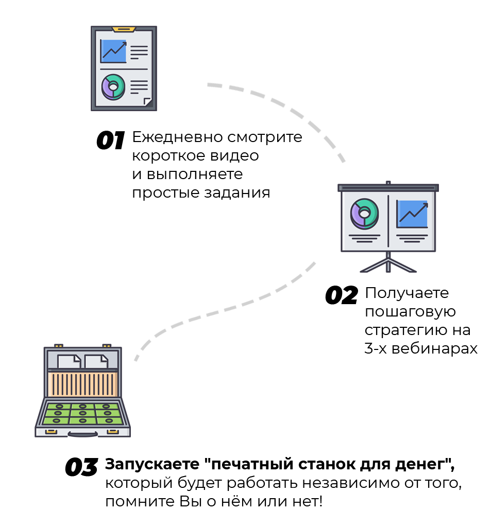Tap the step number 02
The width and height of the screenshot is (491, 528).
pyautogui.click(x=341, y=295)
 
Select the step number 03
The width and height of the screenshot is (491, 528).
pyautogui.click(x=81, y=467)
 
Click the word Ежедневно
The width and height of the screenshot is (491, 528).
pyautogui.click(x=177, y=137)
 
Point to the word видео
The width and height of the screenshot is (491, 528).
pyautogui.click(x=234, y=155)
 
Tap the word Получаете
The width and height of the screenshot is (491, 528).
pyautogui.click(x=407, y=293)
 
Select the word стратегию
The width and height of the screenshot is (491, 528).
pyautogui.click(x=401, y=330)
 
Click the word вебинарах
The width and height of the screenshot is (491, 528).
pyautogui.click(x=434, y=348)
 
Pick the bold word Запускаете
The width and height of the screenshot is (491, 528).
pyautogui.click(x=152, y=464)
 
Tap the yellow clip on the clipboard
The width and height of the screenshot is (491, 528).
pyautogui.click(x=124, y=29)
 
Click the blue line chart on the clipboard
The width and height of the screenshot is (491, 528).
pyautogui.click(x=114, y=51)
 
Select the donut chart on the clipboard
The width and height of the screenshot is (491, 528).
pyautogui.click(x=113, y=87)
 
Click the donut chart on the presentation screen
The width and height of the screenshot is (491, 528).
pyautogui.click(x=364, y=214)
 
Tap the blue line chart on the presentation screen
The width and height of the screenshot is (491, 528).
pyautogui.click(x=412, y=215)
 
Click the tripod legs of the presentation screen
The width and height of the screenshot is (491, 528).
pyautogui.click(x=388, y=265)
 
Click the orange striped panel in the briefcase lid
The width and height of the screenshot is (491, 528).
pyautogui.click(x=82, y=384)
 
